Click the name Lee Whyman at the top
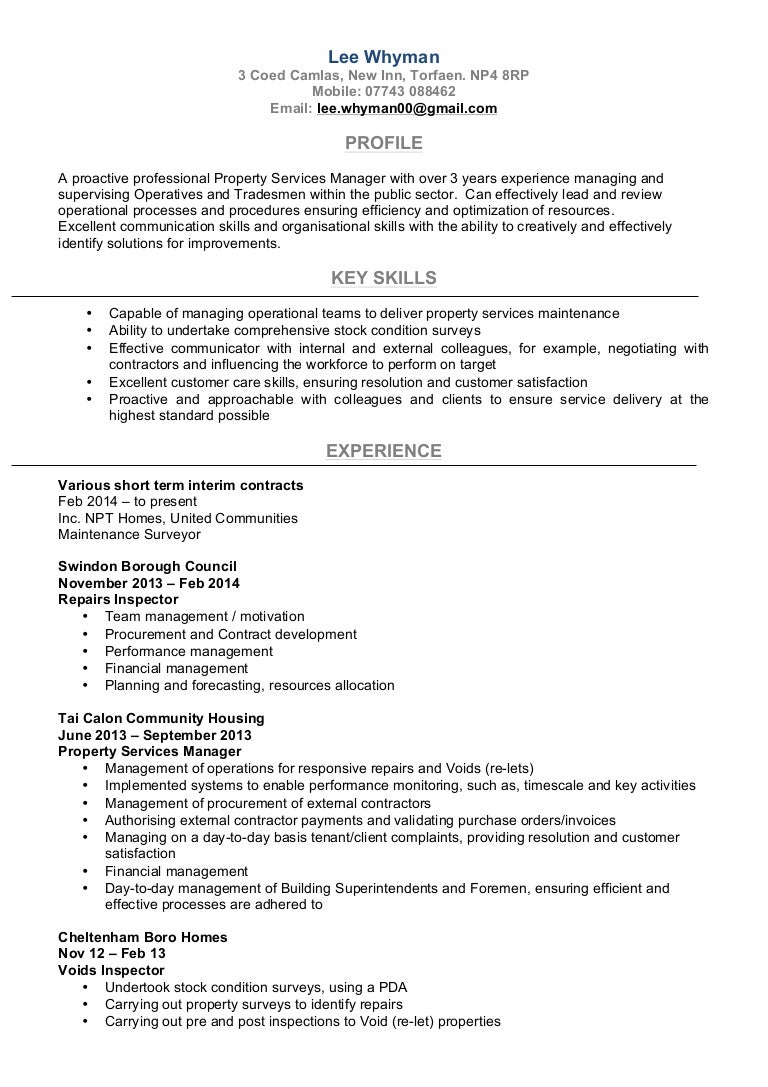(x=384, y=57)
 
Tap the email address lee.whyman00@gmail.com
(x=407, y=109)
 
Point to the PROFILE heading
(x=384, y=143)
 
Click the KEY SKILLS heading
(x=384, y=278)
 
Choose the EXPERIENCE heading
(x=384, y=451)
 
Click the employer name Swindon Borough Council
(x=148, y=566)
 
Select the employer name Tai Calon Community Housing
(x=161, y=718)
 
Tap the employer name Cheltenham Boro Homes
(x=143, y=937)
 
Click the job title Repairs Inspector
(x=118, y=600)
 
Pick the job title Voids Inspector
(x=111, y=970)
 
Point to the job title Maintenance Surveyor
(x=129, y=535)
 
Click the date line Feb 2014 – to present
(x=127, y=501)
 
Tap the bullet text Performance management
(x=189, y=651)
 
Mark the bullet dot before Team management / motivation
(x=84, y=617)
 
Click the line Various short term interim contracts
(x=181, y=485)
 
